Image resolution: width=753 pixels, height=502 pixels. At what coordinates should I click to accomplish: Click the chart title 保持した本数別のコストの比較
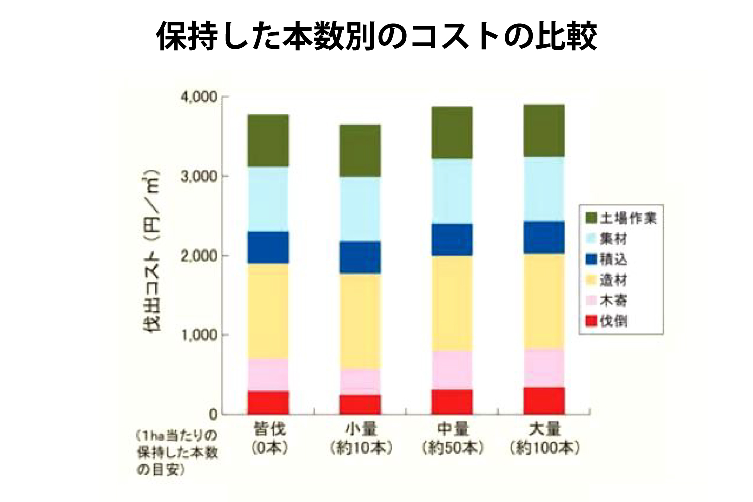coord(376,36)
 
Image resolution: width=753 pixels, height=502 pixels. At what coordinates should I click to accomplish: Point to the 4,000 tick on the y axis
coord(198,97)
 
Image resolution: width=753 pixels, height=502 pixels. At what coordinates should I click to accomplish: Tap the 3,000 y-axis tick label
coord(198,176)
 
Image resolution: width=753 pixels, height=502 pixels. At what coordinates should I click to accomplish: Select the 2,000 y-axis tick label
coord(198,256)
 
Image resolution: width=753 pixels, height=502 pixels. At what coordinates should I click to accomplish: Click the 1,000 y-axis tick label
coord(198,335)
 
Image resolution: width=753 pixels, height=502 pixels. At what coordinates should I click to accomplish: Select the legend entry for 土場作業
coord(621,218)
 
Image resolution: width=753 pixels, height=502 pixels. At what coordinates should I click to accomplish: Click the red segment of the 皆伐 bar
coord(268,403)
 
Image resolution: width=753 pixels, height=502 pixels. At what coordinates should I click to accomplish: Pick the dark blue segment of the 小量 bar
coord(360,258)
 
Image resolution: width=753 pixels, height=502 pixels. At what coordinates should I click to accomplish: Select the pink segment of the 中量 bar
coord(452,370)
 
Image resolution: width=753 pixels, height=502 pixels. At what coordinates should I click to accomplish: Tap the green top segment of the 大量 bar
coord(544,131)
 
